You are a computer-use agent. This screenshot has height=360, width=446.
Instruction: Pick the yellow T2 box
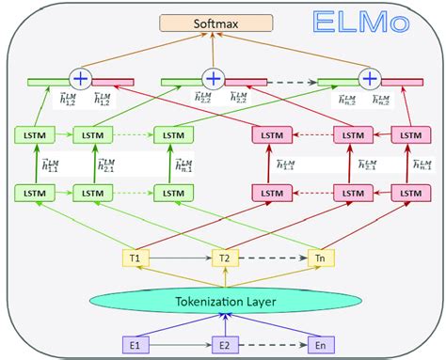pyautogui.click(x=223, y=257)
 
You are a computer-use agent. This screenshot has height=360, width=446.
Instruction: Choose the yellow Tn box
pyautogui.click(x=316, y=257)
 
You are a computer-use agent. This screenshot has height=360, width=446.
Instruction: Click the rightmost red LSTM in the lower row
pyautogui.click(x=409, y=193)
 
